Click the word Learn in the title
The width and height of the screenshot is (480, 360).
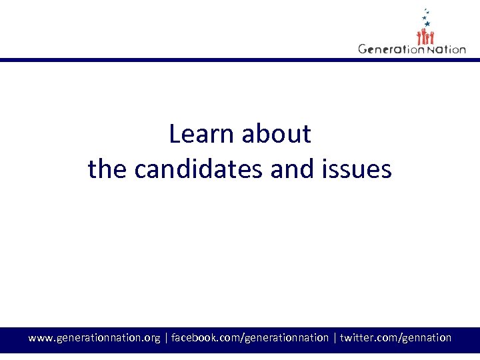coord(203,134)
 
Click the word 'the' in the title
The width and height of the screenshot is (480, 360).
coord(107,169)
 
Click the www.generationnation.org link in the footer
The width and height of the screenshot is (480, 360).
coord(94,338)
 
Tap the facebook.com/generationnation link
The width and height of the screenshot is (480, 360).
coord(250,338)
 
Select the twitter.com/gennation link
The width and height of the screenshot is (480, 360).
coord(396,338)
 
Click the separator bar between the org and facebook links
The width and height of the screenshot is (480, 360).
coord(166,338)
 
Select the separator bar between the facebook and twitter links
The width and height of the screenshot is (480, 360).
coord(335,338)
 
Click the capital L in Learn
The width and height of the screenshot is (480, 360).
coord(175,134)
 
